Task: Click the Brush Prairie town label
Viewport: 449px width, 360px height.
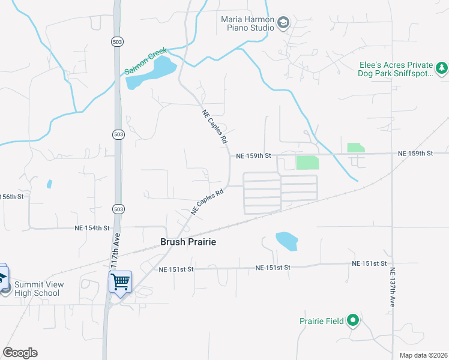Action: (x=187, y=242)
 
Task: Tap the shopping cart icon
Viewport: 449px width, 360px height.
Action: (x=120, y=280)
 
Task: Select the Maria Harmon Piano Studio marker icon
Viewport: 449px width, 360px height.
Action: (x=283, y=23)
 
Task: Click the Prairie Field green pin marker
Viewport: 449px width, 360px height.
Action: (x=354, y=321)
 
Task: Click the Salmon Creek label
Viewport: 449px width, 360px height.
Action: (x=145, y=62)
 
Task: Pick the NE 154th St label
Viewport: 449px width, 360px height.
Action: (x=92, y=228)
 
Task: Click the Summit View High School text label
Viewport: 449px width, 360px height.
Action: (x=37, y=289)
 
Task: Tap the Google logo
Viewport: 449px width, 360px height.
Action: (x=20, y=353)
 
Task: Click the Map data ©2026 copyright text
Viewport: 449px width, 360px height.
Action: (x=423, y=355)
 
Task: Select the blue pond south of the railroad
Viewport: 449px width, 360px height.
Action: (x=286, y=241)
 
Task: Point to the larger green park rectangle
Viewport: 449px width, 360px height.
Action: (x=307, y=163)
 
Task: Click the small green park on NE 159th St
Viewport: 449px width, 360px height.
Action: (x=355, y=148)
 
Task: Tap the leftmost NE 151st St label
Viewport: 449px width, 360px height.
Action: (x=176, y=270)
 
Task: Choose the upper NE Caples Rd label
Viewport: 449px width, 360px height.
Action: (x=215, y=126)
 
